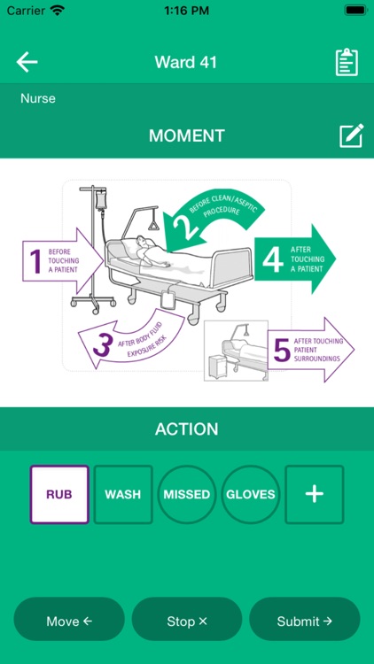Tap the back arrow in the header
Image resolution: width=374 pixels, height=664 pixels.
click(x=27, y=62)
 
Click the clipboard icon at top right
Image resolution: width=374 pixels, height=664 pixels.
click(x=347, y=62)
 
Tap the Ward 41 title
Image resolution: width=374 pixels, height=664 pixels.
click(x=186, y=62)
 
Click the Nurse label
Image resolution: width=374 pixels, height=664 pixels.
click(x=38, y=98)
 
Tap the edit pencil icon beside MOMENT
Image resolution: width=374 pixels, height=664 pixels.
click(x=351, y=135)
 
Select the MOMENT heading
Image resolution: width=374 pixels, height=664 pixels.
click(x=186, y=135)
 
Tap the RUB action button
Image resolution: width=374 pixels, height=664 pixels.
click(x=59, y=494)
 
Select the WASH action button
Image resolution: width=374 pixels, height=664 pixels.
click(x=123, y=494)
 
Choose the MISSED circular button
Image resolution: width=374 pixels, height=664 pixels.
click(x=187, y=494)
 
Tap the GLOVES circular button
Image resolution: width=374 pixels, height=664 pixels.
click(x=251, y=494)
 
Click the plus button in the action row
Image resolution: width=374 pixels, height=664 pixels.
click(x=314, y=494)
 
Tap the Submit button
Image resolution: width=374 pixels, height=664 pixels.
click(x=304, y=621)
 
